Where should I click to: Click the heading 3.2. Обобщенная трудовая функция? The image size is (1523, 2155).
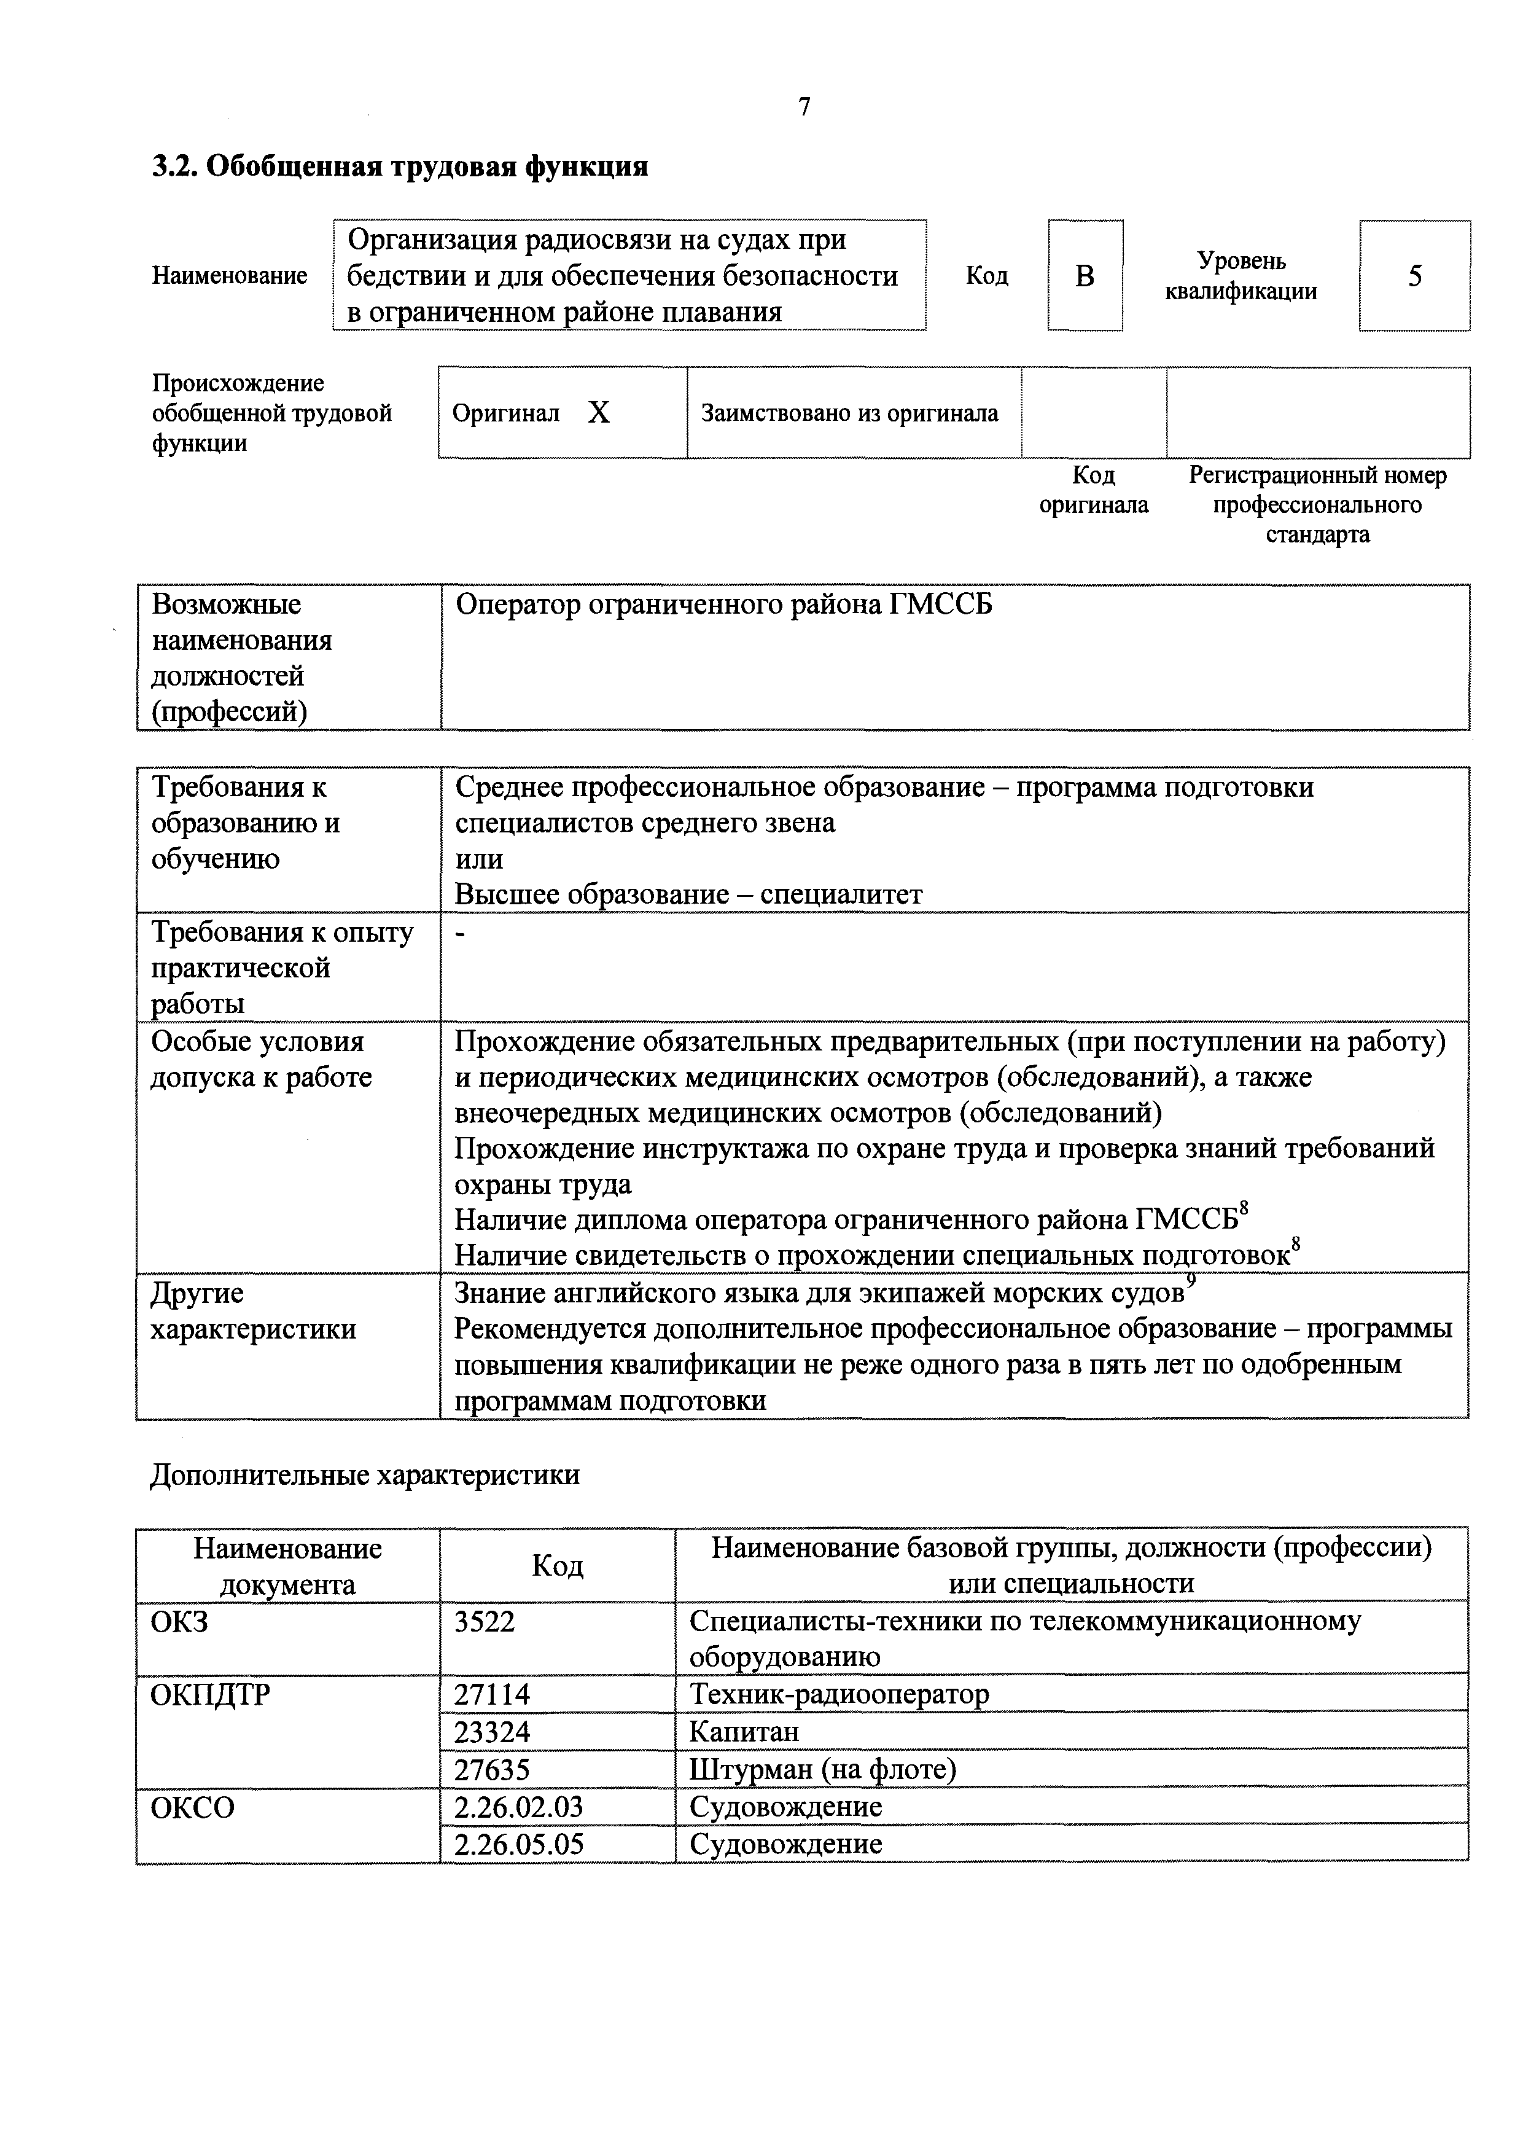point(400,167)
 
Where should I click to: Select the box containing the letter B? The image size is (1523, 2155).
point(1085,276)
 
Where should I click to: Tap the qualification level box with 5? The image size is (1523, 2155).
point(1414,276)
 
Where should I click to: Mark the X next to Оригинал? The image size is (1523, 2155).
point(599,413)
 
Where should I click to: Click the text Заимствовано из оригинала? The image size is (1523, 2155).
point(849,413)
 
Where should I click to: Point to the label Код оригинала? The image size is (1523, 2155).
point(1093,490)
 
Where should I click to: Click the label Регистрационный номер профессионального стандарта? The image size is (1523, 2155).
point(1317,505)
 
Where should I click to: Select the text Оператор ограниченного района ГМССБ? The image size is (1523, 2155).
point(723,605)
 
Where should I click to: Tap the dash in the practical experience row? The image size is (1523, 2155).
point(460,934)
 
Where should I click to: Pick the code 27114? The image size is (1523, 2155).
point(492,1694)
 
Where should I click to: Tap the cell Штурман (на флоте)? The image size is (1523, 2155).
point(822,1769)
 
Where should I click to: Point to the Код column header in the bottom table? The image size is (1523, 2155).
point(558,1565)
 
